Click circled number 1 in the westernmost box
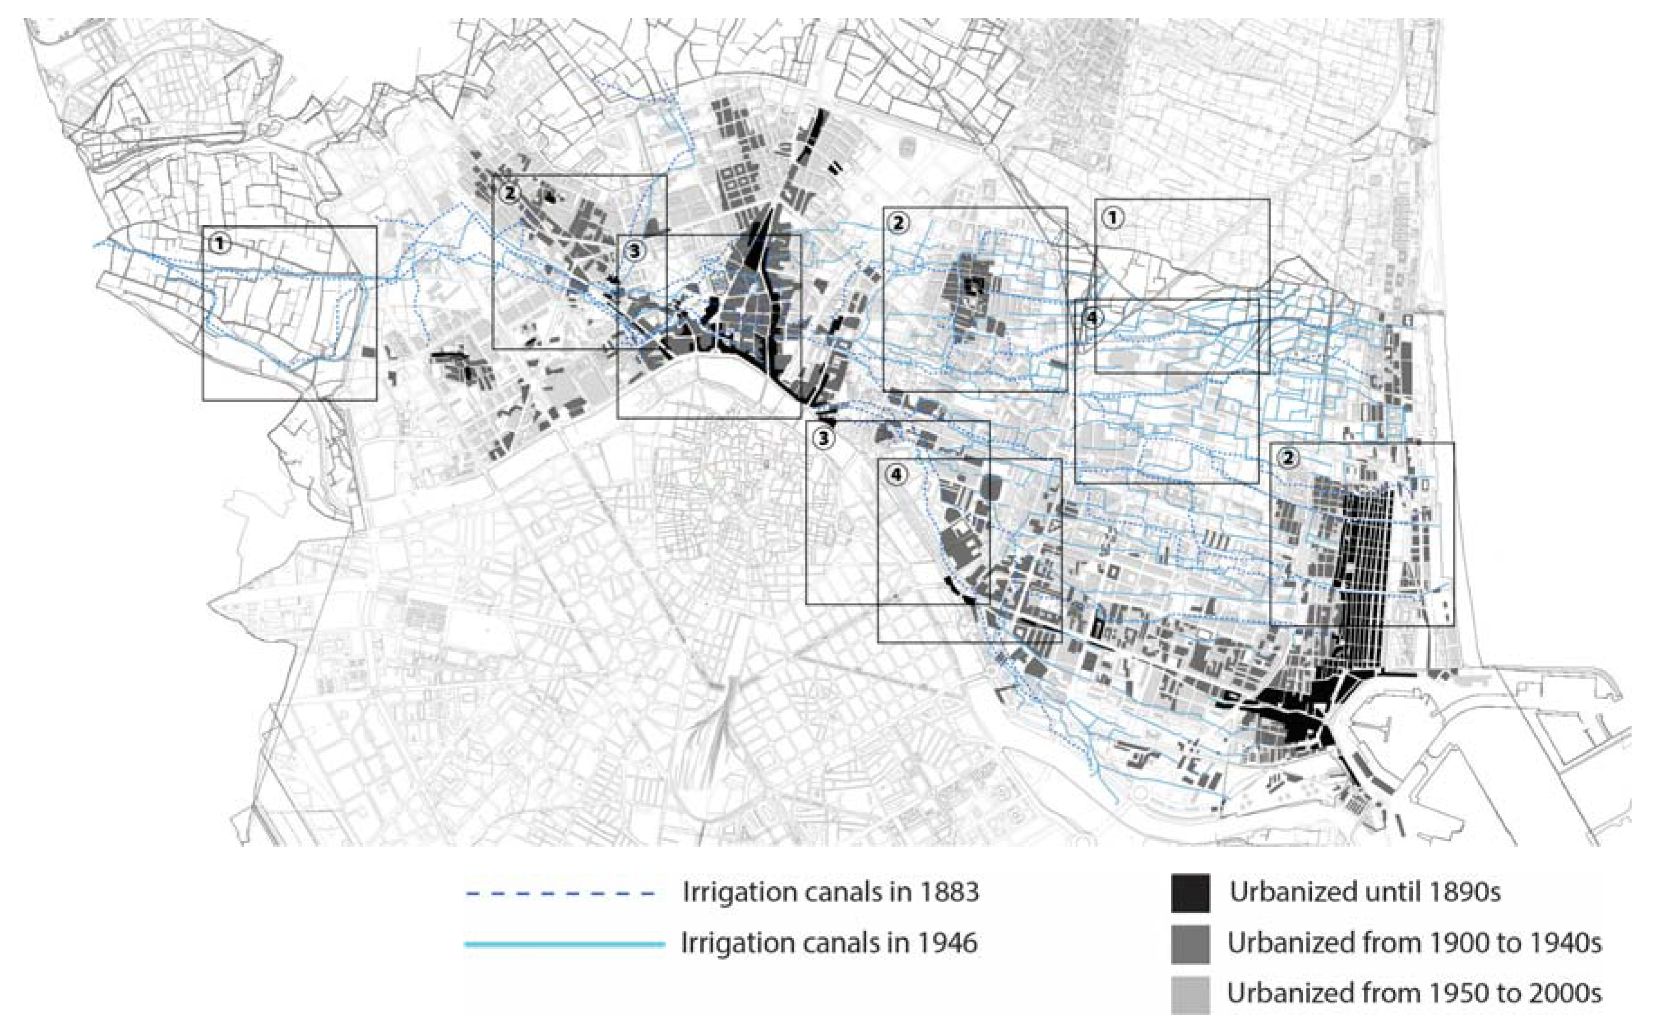click(x=219, y=244)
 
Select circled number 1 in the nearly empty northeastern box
click(x=1113, y=218)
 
